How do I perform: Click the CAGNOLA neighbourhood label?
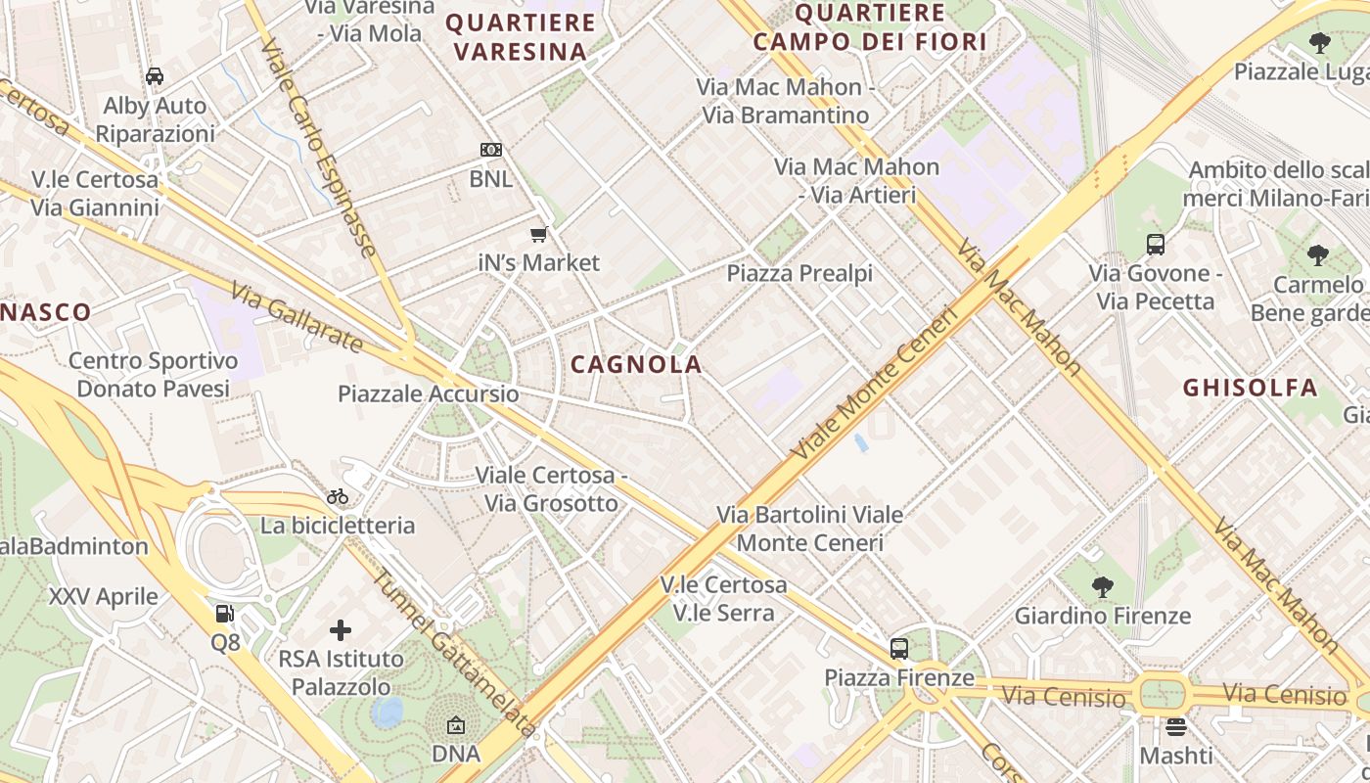[636, 365]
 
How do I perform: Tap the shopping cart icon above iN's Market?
[538, 234]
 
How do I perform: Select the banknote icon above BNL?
[491, 150]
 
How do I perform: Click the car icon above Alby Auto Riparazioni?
[155, 75]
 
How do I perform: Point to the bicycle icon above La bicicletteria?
[338, 496]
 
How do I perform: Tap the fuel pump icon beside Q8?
[225, 614]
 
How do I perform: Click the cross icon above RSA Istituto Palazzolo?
[341, 629]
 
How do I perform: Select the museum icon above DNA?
[456, 725]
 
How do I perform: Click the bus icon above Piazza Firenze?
[898, 648]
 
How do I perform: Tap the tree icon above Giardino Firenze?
[1103, 587]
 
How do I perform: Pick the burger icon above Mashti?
[1176, 727]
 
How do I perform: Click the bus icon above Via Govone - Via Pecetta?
[1155, 244]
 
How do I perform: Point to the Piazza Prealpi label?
[799, 273]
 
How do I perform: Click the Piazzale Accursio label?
[429, 394]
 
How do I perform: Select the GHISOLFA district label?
[1251, 388]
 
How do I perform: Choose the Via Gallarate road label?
[297, 317]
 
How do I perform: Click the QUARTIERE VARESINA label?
[521, 36]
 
